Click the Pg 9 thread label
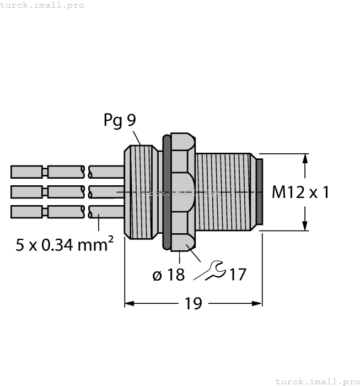[120, 120]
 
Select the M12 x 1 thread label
[300, 192]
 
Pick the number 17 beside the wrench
[237, 274]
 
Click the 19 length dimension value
[193, 303]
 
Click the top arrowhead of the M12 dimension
[305, 159]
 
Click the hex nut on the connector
[181, 191]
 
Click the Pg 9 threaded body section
[141, 191]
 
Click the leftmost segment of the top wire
[26, 171]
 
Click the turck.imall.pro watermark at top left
[42, 5]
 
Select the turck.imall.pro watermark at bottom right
[317, 381]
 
